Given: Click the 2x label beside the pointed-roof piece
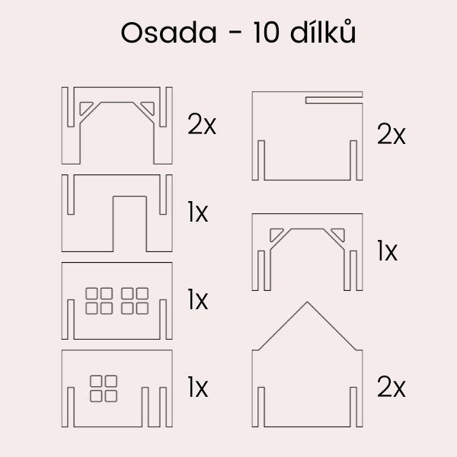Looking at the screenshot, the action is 391,388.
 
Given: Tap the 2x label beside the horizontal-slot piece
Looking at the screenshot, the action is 391,136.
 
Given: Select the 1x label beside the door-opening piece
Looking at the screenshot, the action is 198,213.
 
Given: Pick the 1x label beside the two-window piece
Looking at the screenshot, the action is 198,300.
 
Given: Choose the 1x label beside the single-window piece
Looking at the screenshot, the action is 198,388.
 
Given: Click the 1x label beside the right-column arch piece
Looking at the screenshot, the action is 388,251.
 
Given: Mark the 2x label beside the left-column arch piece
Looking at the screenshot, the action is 202,124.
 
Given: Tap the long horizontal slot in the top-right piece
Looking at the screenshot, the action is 334,99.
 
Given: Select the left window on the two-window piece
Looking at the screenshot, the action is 99,300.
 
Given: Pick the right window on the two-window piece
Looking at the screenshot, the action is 135,300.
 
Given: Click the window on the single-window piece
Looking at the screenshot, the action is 104,388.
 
